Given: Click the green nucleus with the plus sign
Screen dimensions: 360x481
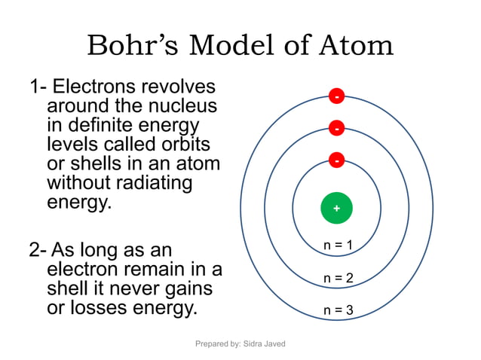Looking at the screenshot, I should coord(336,208).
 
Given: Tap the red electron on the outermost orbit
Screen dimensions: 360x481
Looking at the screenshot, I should coord(336,96).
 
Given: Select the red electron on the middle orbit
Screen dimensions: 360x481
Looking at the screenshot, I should coord(336,129).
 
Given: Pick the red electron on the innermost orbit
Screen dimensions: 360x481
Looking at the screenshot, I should coord(336,160).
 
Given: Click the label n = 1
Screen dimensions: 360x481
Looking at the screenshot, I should coord(338,245).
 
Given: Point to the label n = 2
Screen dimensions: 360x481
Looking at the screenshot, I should coord(338,278).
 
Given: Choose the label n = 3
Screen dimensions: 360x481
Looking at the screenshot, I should coord(338,310).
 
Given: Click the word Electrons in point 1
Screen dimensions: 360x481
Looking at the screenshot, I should coord(105,87).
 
